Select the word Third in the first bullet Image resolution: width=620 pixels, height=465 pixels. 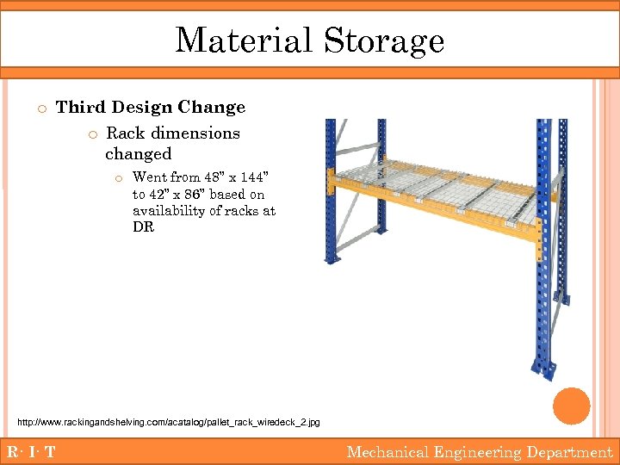coord(81,108)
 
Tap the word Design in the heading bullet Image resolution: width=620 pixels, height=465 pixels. coord(141,108)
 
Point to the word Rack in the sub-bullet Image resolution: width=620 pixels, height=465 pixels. coord(126,133)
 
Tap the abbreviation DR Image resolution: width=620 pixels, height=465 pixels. coord(143,227)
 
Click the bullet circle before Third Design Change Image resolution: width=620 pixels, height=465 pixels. coord(40,108)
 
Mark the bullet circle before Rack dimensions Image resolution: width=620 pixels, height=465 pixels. coord(92,134)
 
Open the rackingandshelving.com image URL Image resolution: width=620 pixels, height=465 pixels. coord(169,422)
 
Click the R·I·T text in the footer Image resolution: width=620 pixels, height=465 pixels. coord(31,452)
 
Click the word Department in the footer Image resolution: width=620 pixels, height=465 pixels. coord(569,452)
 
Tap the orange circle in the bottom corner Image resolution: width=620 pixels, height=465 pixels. coord(571,406)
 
